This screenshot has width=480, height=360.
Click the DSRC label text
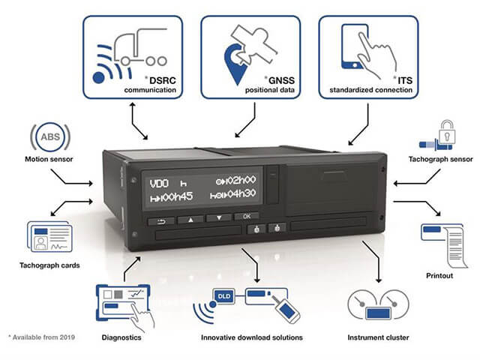point(163,80)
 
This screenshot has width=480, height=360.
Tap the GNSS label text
point(281,80)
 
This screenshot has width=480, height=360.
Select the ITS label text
point(405,80)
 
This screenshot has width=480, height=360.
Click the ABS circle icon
point(50,136)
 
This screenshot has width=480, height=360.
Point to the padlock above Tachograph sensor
point(447,131)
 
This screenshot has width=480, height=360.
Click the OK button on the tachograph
point(247,217)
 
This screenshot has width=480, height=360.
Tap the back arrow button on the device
point(161,221)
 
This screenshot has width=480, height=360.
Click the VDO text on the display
point(159,184)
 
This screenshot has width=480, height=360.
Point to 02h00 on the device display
point(241,180)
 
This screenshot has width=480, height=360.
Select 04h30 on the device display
point(241,193)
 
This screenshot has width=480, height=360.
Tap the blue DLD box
point(224,296)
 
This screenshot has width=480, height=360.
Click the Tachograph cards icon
point(49,237)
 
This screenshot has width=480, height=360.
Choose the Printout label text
point(439,275)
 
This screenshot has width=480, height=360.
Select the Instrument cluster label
point(378,337)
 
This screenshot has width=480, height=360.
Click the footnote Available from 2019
point(42,337)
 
